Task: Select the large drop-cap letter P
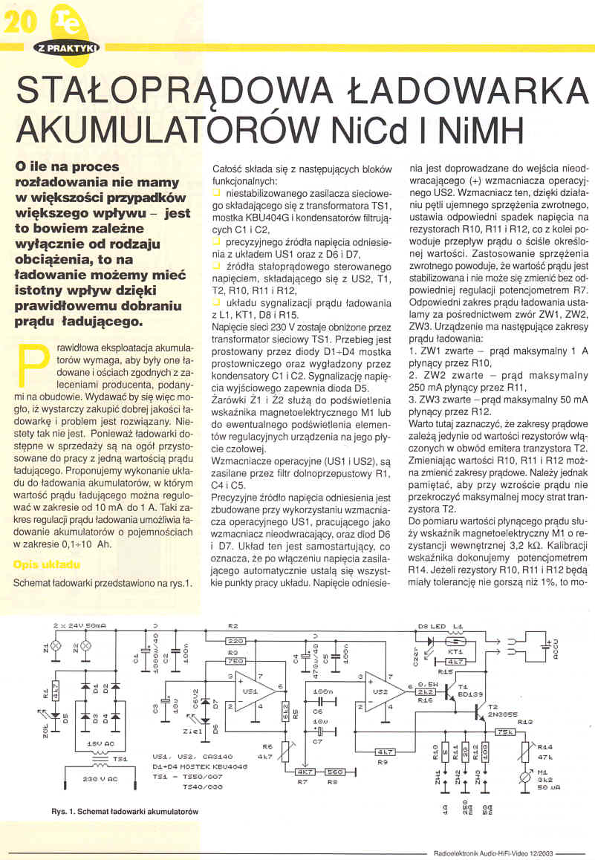pos(30,366)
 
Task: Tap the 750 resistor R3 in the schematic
pos(235,660)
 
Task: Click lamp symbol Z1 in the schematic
pos(57,645)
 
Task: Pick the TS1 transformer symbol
pos(99,760)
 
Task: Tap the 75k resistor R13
pos(504,731)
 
